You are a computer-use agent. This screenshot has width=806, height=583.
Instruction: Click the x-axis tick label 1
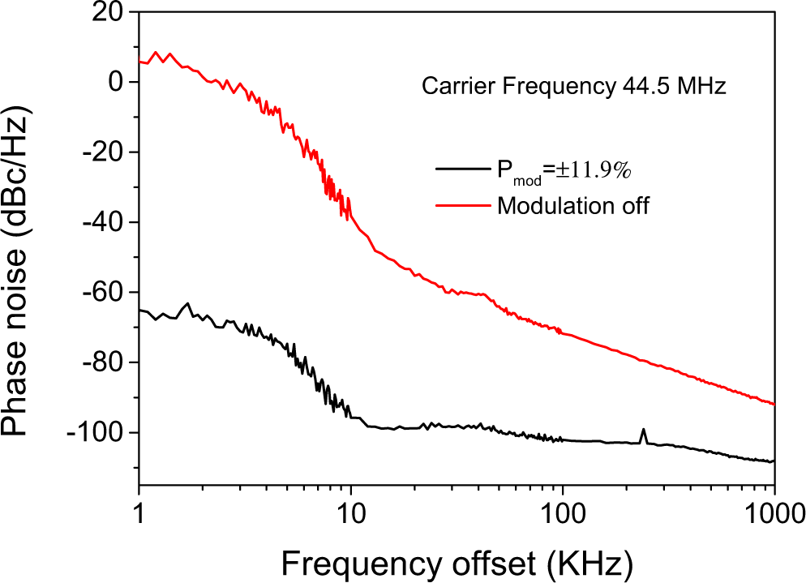point(139,512)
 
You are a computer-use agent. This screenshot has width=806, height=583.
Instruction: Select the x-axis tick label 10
point(350,512)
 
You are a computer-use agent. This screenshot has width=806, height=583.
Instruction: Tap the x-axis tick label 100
point(562,512)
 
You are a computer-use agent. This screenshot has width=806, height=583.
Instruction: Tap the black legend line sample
point(463,169)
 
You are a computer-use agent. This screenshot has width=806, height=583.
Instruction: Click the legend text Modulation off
point(573,205)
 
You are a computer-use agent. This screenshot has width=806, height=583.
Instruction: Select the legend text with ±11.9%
point(564,170)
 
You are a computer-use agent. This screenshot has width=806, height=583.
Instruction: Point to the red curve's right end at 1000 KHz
point(774,403)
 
